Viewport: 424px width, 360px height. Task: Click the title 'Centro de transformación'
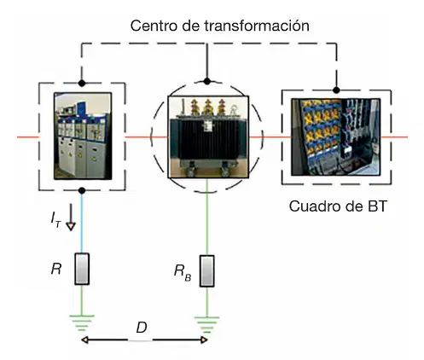[219, 26]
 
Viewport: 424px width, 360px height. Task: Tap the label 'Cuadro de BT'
[338, 206]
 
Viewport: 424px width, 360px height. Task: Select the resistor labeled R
[82, 269]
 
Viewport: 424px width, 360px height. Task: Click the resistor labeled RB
[207, 271]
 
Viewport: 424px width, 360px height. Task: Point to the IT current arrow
[71, 217]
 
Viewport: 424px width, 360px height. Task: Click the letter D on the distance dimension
[142, 328]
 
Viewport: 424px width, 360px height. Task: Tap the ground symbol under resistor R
[82, 323]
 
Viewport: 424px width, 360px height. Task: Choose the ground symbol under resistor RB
[207, 325]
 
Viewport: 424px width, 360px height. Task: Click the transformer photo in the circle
[208, 137]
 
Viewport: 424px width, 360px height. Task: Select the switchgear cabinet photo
[83, 136]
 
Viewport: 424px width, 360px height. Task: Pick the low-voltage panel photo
[336, 137]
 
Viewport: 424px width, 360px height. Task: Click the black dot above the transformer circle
[207, 81]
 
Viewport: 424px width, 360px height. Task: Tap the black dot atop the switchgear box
[82, 84]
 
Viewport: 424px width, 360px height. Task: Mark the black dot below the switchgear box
[82, 190]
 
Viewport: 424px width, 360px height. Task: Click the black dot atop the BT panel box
[336, 90]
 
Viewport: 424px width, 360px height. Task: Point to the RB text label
[183, 272]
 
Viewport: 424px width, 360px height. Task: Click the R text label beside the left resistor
[56, 269]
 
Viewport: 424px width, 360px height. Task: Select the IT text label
[56, 220]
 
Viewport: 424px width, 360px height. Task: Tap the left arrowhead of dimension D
[84, 340]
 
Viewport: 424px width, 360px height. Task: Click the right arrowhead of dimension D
[204, 340]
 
